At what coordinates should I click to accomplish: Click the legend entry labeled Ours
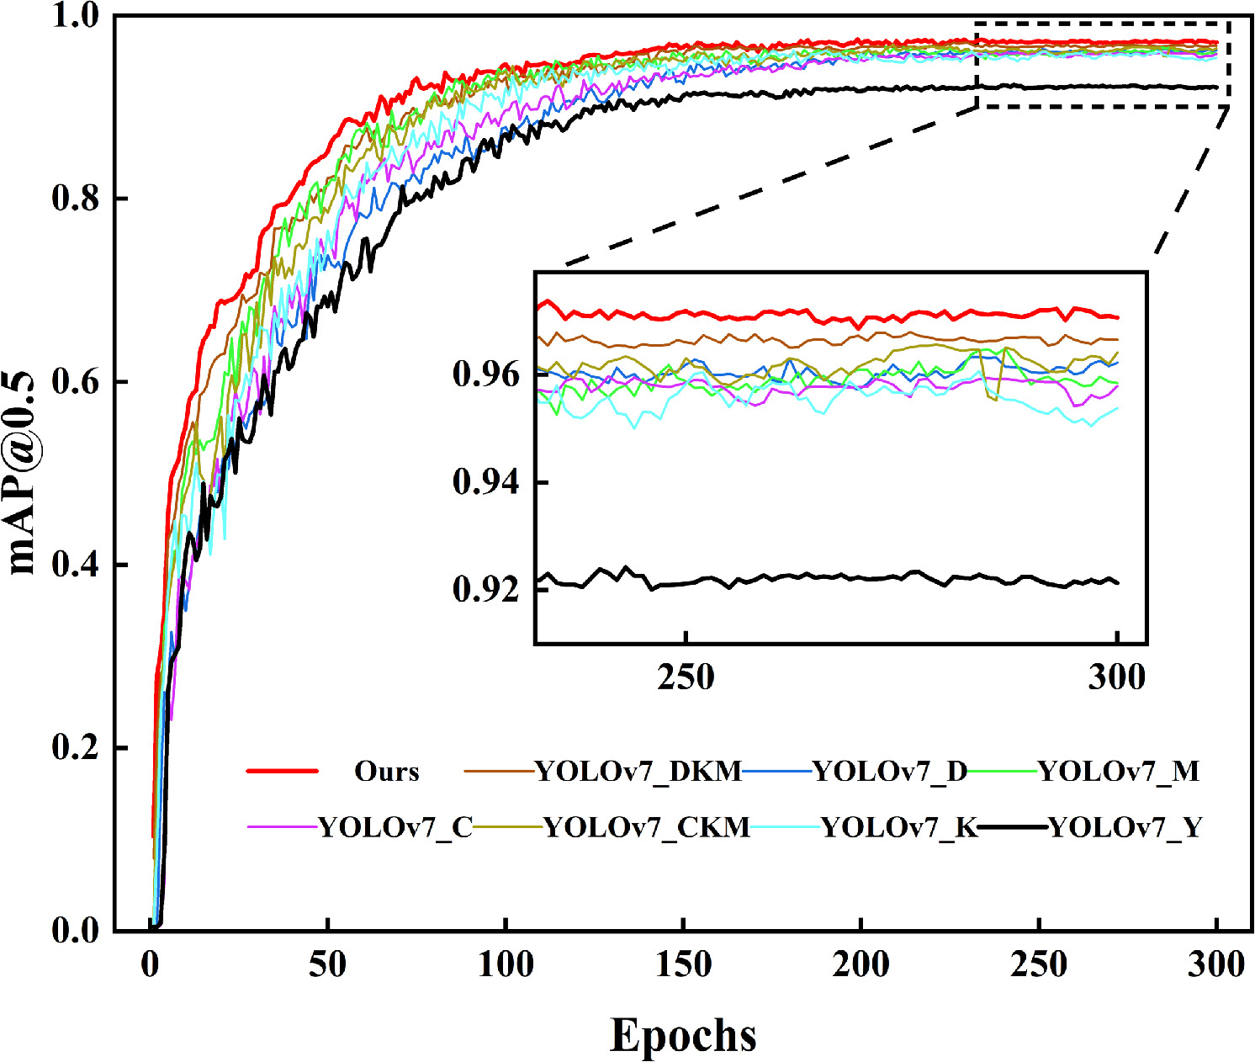(x=386, y=771)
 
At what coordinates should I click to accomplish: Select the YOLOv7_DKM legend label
(x=638, y=771)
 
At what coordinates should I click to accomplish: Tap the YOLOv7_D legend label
(x=890, y=771)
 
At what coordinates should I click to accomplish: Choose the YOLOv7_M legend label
(x=1118, y=771)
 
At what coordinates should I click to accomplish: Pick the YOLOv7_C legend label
(x=395, y=828)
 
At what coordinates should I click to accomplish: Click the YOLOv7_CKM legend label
(x=647, y=828)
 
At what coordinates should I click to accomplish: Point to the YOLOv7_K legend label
(x=899, y=828)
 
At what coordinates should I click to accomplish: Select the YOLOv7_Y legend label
(x=1125, y=828)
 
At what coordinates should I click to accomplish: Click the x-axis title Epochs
(x=682, y=1034)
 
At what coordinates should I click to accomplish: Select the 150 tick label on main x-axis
(x=683, y=964)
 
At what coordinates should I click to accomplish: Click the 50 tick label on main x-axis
(x=327, y=964)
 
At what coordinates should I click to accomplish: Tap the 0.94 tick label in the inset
(x=486, y=482)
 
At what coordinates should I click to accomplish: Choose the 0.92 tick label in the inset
(x=486, y=588)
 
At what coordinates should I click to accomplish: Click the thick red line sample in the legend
(x=282, y=771)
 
